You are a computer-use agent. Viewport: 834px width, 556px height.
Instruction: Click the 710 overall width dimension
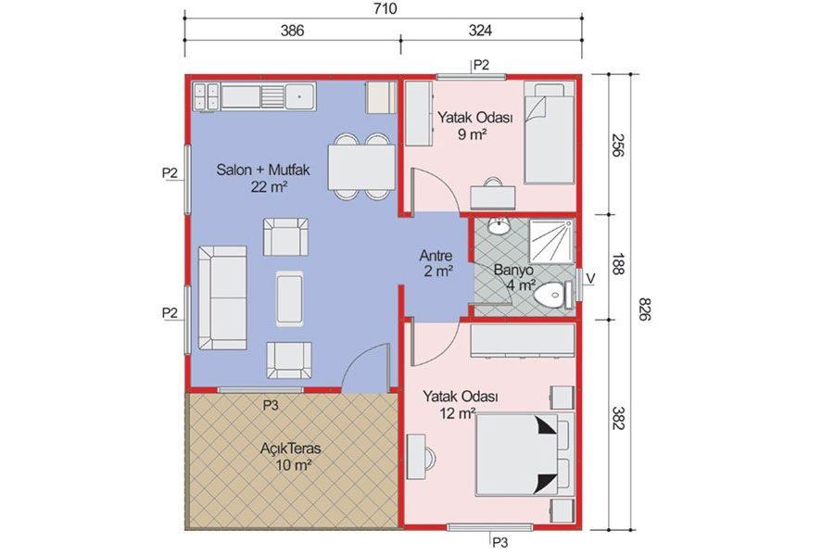(x=385, y=9)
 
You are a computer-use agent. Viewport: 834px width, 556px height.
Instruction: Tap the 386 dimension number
(x=292, y=31)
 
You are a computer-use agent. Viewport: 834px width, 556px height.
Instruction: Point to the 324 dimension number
(x=480, y=31)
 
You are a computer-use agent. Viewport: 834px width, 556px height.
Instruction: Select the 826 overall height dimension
(x=644, y=310)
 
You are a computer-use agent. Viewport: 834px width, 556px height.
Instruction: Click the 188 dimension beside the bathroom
(x=617, y=264)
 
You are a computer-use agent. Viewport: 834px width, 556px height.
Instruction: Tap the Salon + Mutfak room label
(x=263, y=171)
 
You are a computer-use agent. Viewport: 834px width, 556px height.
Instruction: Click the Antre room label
(x=436, y=256)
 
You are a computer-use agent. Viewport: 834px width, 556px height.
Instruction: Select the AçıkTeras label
(x=290, y=449)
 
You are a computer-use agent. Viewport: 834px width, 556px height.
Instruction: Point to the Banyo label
(x=513, y=270)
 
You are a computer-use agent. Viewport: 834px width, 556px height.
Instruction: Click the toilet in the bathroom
(x=553, y=295)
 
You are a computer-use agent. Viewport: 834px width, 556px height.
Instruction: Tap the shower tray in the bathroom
(x=551, y=242)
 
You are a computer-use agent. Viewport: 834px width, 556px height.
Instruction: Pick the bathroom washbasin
(x=499, y=225)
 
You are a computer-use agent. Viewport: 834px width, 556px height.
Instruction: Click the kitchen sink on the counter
(x=300, y=96)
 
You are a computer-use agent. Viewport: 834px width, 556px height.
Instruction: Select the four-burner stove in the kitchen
(x=206, y=96)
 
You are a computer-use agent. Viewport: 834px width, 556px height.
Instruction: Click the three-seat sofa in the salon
(x=222, y=298)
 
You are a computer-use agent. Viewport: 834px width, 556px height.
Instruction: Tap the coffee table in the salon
(x=290, y=298)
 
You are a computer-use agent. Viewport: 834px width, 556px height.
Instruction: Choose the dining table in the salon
(x=361, y=167)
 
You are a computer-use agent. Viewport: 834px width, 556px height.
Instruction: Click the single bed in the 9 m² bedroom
(x=549, y=133)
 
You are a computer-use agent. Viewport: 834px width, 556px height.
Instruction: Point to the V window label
(x=590, y=278)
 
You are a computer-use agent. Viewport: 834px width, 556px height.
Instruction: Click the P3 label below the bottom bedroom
(x=500, y=543)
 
